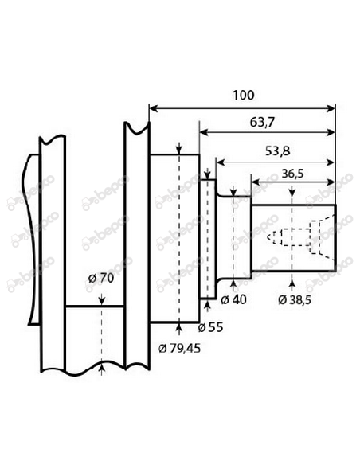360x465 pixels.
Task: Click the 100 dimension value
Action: tap(245, 95)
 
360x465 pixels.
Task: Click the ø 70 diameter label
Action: tap(103, 279)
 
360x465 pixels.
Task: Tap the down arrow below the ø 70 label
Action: tap(103, 301)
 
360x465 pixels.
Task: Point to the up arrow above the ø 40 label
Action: tap(233, 283)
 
